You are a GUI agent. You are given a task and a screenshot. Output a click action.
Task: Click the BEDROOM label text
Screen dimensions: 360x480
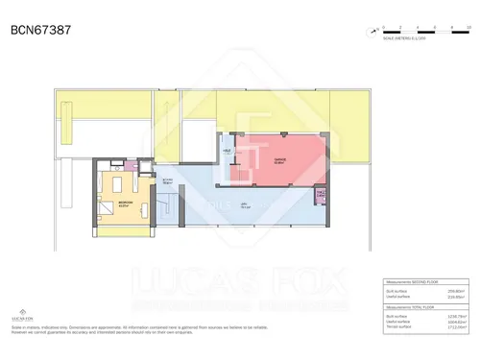tap(125, 203)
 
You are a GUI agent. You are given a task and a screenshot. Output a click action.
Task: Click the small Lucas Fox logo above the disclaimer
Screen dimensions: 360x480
tap(21, 313)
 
